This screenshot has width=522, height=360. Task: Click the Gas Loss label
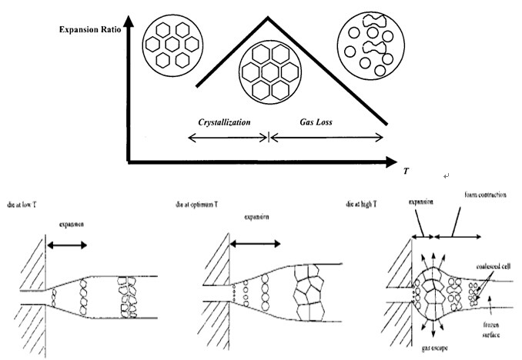(316, 122)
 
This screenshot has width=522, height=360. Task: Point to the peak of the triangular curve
(267, 18)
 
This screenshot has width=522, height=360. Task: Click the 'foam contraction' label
(484, 195)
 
